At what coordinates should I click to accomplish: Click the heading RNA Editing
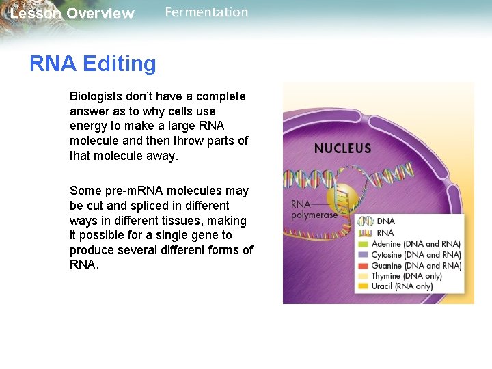click(x=92, y=64)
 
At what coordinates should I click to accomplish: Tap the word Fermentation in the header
click(x=206, y=12)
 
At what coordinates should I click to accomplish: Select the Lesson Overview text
click(x=72, y=14)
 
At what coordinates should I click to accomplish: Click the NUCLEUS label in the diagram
click(x=342, y=148)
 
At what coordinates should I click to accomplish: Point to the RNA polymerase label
click(x=314, y=209)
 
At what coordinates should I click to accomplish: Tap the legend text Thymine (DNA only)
click(x=407, y=276)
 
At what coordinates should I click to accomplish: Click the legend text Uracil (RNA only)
click(x=402, y=286)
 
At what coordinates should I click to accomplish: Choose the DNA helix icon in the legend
click(x=366, y=221)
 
